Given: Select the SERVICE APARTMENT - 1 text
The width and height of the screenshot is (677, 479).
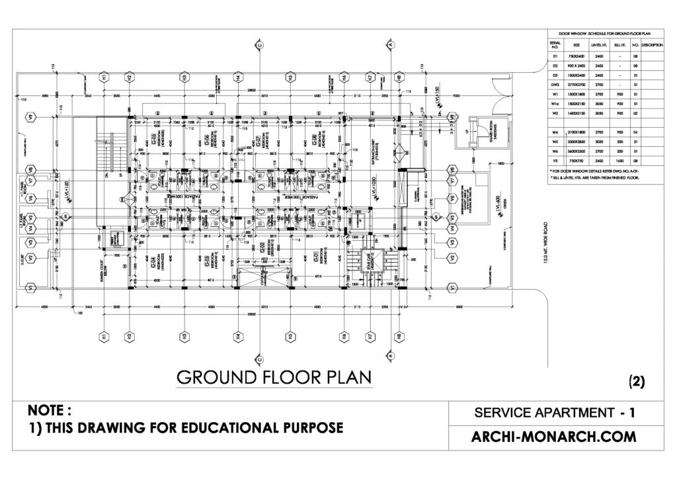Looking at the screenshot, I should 555,414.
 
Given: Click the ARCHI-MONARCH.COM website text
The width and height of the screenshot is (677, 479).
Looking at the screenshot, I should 555,437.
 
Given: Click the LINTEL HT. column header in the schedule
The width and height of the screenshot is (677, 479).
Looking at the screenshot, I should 600,44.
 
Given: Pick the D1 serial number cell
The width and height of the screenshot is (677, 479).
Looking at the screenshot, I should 555,57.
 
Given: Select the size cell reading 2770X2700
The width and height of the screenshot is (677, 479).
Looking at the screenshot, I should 577,85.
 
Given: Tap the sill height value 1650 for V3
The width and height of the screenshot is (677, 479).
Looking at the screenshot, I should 620,160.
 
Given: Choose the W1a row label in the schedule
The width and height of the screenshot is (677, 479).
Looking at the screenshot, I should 555,104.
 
